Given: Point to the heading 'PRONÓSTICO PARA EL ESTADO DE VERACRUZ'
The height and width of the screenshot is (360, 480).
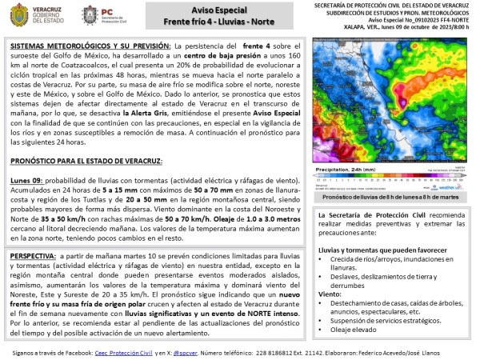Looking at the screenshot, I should coord(86,160).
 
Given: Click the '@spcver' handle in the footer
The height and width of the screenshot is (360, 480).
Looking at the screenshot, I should coord(206,351).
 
